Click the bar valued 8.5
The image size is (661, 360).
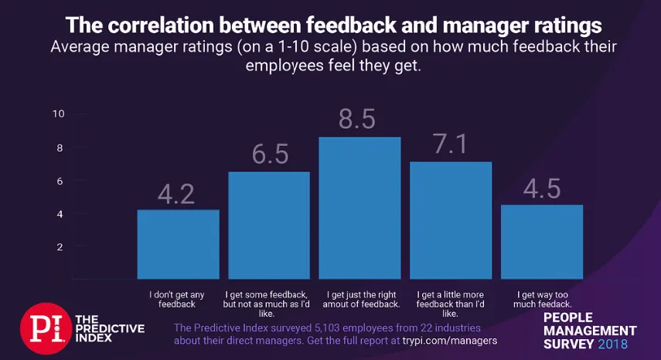(x=359, y=208)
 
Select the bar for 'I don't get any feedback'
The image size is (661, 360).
(x=178, y=244)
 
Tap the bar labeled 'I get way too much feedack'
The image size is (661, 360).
(x=541, y=241)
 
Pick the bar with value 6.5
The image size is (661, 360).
(x=269, y=225)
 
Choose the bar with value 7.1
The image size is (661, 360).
(x=451, y=220)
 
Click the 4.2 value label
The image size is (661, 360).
(x=178, y=193)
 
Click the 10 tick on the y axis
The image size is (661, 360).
(x=58, y=114)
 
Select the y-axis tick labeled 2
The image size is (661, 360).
(x=60, y=247)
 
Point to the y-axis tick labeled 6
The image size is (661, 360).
(x=60, y=181)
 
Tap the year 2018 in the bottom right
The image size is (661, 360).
(x=613, y=343)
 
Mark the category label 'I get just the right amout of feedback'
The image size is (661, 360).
(x=359, y=300)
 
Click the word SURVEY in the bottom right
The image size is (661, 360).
(x=568, y=343)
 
